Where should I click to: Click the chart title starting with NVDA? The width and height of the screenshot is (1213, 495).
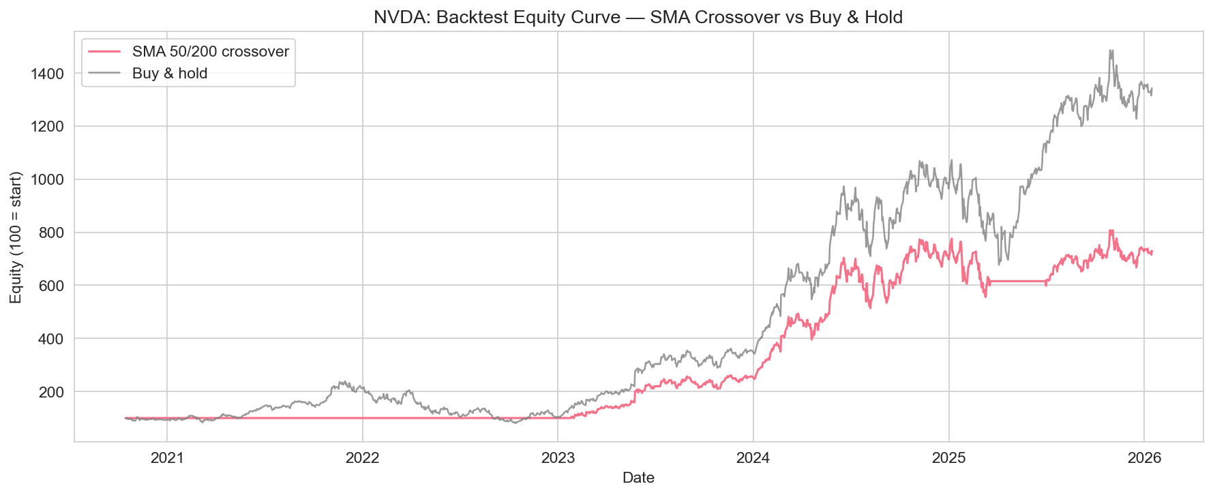coord(638,16)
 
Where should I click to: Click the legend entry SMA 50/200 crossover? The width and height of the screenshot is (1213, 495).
coord(210,52)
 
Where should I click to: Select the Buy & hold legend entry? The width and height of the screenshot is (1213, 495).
coord(170,74)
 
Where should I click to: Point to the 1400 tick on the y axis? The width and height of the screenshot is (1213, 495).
coord(48,74)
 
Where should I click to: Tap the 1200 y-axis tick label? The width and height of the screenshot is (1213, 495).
coord(48,127)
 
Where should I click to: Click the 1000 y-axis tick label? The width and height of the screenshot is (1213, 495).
coord(48,180)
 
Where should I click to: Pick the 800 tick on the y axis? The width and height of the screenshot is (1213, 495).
coord(52,232)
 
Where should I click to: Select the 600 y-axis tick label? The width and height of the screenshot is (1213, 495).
coord(52,286)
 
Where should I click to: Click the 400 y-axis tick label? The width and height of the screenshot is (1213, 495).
coord(52,339)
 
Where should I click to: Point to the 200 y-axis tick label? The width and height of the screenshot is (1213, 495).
coord(52,392)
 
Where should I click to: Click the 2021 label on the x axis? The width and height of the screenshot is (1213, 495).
coord(167,458)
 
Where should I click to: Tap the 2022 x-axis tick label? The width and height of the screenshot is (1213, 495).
coord(362,458)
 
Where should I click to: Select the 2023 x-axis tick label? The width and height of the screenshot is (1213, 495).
coord(558,458)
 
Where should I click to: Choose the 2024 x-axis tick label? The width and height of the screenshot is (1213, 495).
coord(753,458)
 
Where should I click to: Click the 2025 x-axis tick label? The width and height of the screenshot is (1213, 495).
coord(949,458)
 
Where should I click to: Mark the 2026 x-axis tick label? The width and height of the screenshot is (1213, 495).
coord(1144,458)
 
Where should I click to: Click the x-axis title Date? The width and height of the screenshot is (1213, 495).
coord(638,478)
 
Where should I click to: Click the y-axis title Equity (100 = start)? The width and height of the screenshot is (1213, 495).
coord(16,237)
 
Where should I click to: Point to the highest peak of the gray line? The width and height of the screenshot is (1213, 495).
coord(1111,50)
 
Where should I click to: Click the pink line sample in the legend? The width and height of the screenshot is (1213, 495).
coord(102,52)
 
